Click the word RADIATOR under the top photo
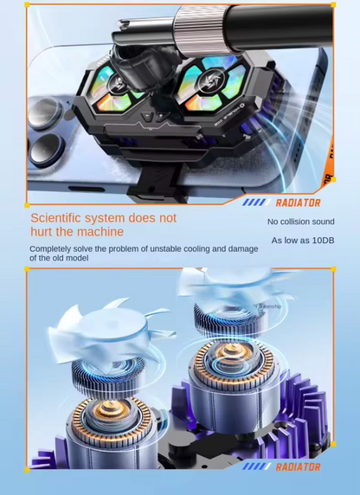[x=298, y=202]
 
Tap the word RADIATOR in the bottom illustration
[x=298, y=467]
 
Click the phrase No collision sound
[x=300, y=222]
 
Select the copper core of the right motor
[x=232, y=354]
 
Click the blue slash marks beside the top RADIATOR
[x=254, y=202]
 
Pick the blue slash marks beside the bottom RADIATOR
[x=254, y=467]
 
